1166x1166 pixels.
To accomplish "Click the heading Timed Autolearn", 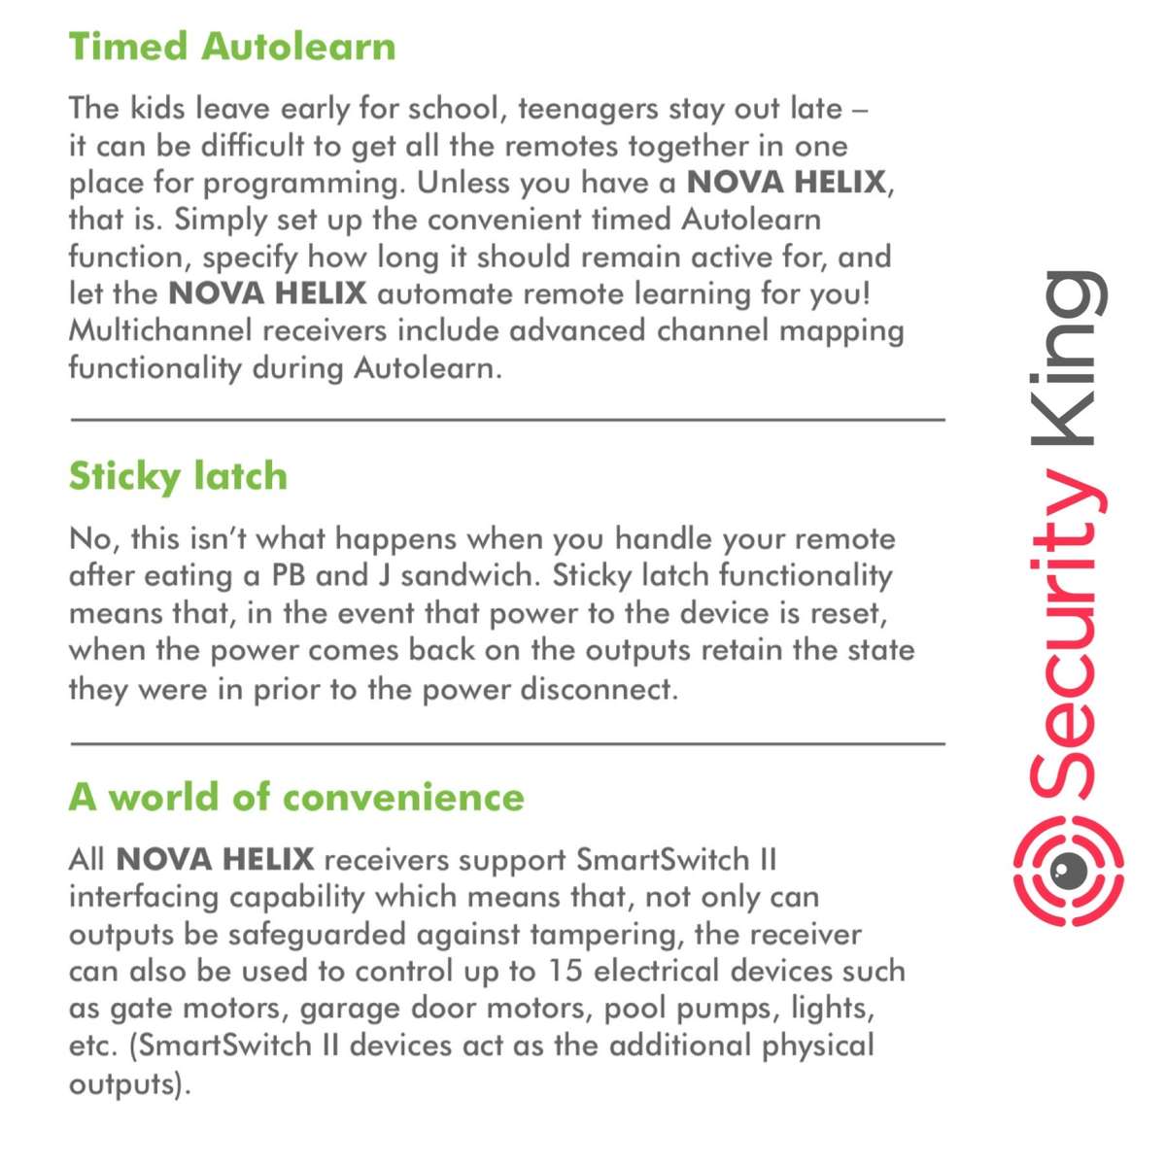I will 232,47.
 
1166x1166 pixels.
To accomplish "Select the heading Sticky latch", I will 178,476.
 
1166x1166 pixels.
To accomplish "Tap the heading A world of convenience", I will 296,797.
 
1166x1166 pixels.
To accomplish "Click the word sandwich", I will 467,575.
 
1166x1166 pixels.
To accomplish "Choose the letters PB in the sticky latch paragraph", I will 290,575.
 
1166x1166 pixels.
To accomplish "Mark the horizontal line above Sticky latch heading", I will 507,420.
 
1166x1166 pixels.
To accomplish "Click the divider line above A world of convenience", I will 507,744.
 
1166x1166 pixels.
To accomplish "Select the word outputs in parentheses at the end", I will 121,1082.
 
